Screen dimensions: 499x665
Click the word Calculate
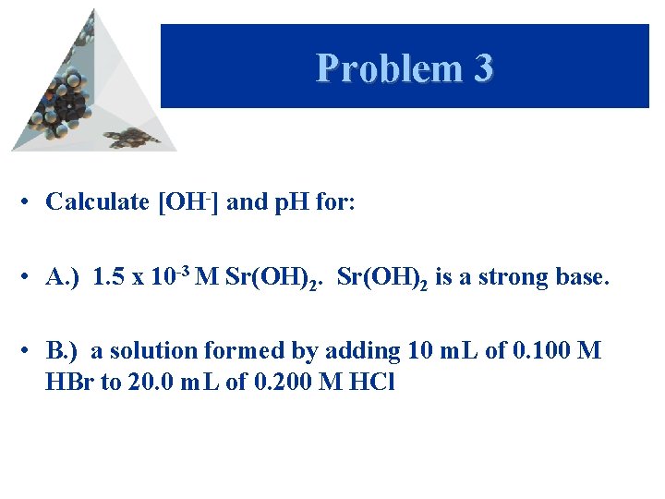click(x=98, y=201)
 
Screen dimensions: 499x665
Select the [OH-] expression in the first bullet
click(x=188, y=201)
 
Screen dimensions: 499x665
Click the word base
click(x=581, y=276)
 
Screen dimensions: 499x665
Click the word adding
click(x=356, y=351)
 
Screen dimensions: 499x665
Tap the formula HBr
click(x=69, y=382)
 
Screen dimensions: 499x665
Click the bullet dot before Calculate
click(x=29, y=202)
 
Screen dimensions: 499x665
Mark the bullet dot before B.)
click(x=29, y=351)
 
